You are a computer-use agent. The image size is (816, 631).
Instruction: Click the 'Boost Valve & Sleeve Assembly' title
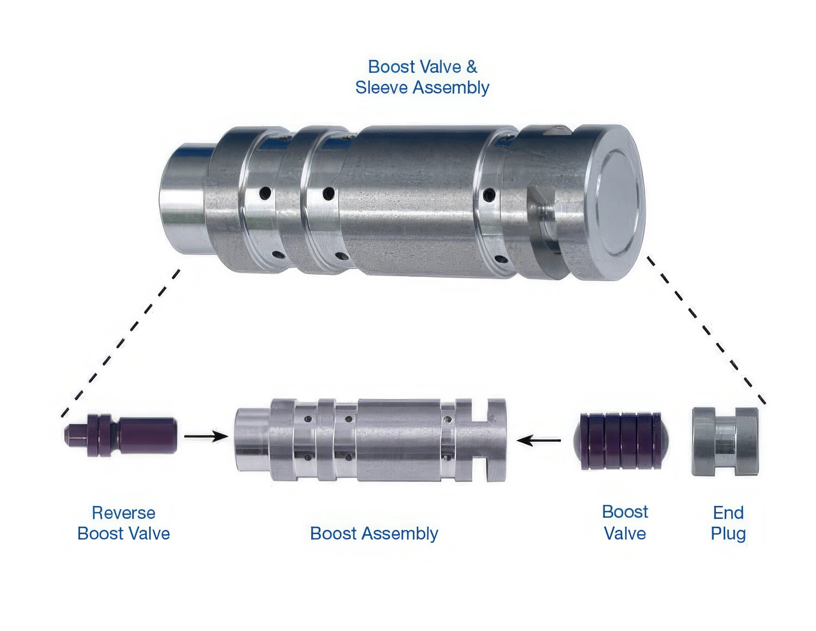422,77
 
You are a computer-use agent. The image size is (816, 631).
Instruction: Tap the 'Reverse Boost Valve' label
123,523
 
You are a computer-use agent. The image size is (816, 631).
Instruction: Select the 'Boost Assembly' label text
374,534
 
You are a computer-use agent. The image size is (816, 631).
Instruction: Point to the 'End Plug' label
728,523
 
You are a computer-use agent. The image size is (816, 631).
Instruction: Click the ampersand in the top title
472,67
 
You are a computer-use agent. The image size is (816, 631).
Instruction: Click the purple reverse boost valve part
120,435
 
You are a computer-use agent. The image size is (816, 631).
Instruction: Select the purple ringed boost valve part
621,441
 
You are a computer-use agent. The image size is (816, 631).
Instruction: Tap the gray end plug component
725,442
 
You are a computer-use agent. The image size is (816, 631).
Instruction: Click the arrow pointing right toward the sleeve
206,436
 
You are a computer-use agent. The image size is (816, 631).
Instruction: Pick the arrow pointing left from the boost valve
539,440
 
